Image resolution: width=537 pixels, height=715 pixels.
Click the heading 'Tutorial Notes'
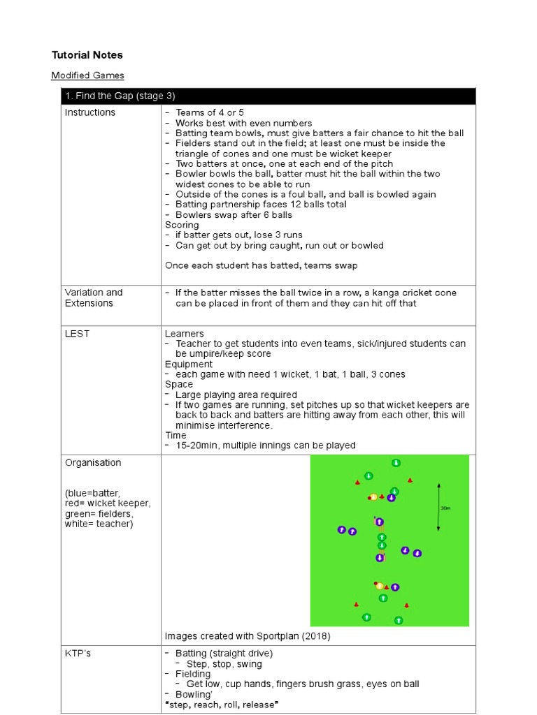pyautogui.click(x=87, y=54)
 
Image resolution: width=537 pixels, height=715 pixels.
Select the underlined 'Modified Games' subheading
pyautogui.click(x=87, y=75)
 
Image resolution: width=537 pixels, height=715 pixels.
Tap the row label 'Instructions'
pyautogui.click(x=90, y=112)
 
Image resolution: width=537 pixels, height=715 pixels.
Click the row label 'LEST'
pyautogui.click(x=77, y=334)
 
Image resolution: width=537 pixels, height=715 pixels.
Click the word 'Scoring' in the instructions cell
pyautogui.click(x=182, y=225)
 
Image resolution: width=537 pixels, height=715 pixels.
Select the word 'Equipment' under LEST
pyautogui.click(x=189, y=364)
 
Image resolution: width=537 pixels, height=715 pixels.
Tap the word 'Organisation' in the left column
pyautogui.click(x=93, y=463)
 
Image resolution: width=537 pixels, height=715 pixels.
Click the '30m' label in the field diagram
pyautogui.click(x=445, y=508)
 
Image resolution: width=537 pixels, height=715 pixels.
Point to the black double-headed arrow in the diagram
pyautogui.click(x=438, y=507)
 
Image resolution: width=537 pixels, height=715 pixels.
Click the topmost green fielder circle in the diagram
pyautogui.click(x=396, y=462)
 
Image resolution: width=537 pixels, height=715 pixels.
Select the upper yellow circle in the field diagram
pyautogui.click(x=373, y=497)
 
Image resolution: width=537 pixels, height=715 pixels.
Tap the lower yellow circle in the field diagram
pyautogui.click(x=380, y=587)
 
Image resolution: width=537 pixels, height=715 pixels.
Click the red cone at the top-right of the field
pyautogui.click(x=410, y=480)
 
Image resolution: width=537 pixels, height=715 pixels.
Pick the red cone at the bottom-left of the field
pyautogui.click(x=356, y=605)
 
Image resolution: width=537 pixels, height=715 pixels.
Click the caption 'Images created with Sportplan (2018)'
pyautogui.click(x=248, y=636)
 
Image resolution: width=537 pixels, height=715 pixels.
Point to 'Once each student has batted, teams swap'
pyautogui.click(x=262, y=265)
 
